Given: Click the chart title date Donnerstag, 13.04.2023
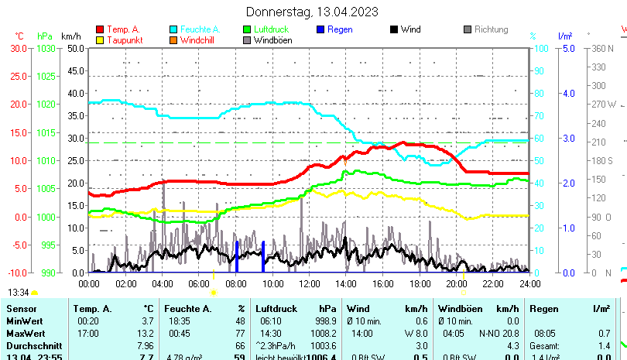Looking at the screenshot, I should tap(312, 12).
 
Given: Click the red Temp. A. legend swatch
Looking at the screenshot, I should tap(99, 29).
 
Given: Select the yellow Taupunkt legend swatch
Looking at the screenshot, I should tap(99, 39).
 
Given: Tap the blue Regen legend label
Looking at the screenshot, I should tap(340, 29).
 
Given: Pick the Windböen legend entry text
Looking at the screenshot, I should tap(272, 40).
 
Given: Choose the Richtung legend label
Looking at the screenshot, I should tap(491, 29).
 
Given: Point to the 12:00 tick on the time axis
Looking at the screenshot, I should tap(309, 283).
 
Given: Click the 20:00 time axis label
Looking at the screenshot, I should tap(456, 283).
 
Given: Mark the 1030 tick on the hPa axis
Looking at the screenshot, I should tap(46, 48).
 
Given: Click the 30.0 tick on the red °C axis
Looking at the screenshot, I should tap(19, 48).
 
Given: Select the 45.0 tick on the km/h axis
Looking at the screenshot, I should tap(75, 70).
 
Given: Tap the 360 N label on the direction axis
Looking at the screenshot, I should tap(603, 48).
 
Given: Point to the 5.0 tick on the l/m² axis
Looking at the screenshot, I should tap(567, 48).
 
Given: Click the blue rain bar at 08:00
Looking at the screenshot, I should tap(237, 257).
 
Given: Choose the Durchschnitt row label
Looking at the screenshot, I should tap(30, 345).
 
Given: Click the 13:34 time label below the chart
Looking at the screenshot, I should tap(19, 293).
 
